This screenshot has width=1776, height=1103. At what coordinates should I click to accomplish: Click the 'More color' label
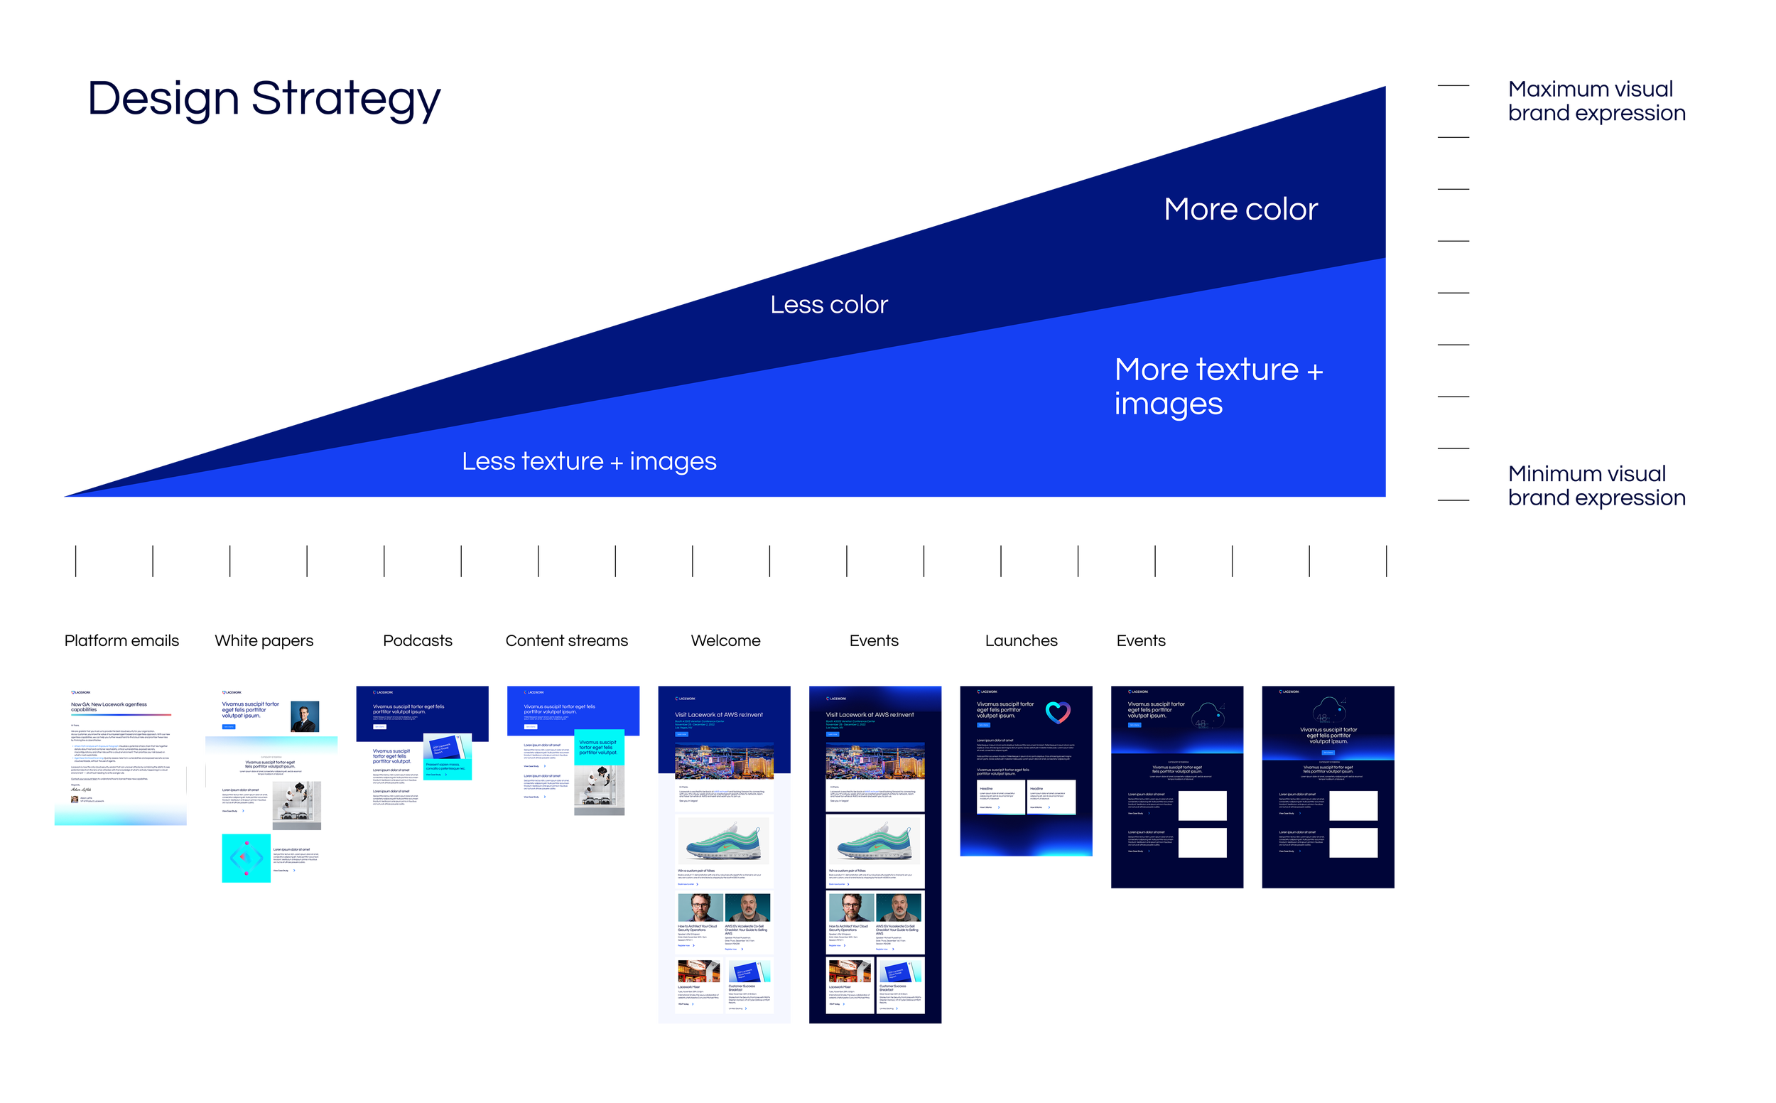1240,210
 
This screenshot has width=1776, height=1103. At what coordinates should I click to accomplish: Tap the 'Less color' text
829,304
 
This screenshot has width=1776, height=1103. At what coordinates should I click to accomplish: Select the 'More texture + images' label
1218,387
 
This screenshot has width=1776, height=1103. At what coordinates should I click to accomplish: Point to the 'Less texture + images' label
589,461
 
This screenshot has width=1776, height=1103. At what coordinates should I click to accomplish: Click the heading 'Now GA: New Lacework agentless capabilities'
109,707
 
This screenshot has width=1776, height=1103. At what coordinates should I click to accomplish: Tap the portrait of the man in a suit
305,716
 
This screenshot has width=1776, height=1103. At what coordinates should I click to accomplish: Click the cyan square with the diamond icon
246,858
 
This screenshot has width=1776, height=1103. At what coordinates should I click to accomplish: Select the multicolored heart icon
1057,712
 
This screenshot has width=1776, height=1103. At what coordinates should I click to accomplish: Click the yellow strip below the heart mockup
1076,861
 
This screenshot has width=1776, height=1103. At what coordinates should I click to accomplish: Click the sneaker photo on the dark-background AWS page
875,841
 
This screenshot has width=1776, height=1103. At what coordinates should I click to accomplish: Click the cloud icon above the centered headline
1329,710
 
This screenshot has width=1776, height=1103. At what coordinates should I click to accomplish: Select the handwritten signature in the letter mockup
81,790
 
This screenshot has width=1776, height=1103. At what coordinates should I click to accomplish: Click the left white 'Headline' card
1000,797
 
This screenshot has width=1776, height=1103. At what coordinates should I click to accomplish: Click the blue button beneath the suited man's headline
229,726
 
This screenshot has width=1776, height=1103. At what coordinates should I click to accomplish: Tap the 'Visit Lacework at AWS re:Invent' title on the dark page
869,715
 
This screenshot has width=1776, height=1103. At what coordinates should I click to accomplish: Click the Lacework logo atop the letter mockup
81,692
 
